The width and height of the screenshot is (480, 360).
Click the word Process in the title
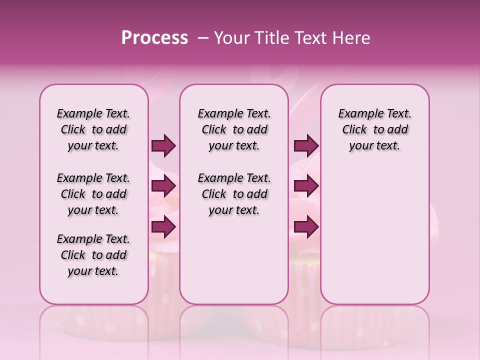[154, 37]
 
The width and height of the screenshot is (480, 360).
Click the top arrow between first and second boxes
[163, 146]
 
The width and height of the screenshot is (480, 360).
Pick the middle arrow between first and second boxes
[163, 186]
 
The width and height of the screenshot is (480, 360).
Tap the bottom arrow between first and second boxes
[163, 227]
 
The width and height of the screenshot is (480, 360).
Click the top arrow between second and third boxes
[306, 146]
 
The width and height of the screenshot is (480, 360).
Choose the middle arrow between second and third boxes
[306, 186]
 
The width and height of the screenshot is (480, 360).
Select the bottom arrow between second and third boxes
[306, 227]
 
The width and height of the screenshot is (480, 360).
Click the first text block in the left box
[93, 129]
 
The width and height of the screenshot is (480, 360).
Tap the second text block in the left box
[93, 194]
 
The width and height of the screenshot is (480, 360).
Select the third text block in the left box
[93, 255]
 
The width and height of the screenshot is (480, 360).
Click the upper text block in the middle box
[234, 129]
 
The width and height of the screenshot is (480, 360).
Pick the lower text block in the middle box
[234, 194]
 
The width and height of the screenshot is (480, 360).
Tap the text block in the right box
[374, 129]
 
